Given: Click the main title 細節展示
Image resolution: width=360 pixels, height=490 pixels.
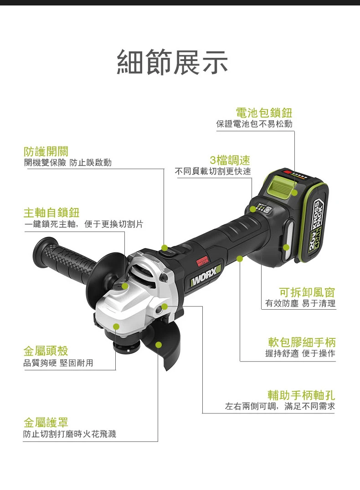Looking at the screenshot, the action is [x=173, y=62].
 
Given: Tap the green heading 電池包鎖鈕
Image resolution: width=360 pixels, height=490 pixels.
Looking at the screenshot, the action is [x=264, y=112].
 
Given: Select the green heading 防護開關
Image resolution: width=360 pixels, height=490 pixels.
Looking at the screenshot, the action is [x=46, y=151].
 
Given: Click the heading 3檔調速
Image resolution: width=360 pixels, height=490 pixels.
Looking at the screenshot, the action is [x=230, y=160].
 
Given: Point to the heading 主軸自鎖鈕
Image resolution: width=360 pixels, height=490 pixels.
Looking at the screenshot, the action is [x=51, y=213].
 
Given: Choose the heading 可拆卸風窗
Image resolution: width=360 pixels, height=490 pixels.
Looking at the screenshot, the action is [x=307, y=292].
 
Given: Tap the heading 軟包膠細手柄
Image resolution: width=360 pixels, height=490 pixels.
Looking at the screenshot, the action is [x=302, y=342].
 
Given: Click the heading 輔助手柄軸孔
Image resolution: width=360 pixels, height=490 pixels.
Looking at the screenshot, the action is [x=301, y=395].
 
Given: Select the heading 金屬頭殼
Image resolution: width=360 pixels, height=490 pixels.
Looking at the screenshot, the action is [x=46, y=351].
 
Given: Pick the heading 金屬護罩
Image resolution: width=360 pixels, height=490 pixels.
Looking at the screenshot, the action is [x=46, y=422].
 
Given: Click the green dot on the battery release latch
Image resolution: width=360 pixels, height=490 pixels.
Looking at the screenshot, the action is [x=295, y=193].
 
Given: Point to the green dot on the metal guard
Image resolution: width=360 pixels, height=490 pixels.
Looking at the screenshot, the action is [x=159, y=345].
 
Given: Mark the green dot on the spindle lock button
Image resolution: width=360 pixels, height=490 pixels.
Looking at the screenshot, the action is [x=125, y=286].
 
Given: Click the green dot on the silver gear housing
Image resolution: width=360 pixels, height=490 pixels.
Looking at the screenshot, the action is [x=116, y=327].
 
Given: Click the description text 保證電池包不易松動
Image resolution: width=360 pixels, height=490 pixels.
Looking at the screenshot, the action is [x=254, y=124].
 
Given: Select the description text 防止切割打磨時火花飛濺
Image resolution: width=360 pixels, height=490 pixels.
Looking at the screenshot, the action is [x=70, y=434].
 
